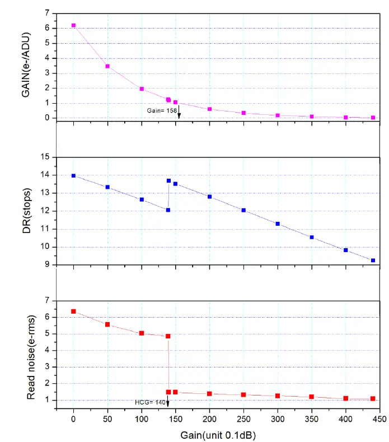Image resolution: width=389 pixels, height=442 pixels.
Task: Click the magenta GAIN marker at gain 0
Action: pyautogui.click(x=73, y=26)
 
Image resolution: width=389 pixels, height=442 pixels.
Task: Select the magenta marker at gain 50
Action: pyautogui.click(x=107, y=66)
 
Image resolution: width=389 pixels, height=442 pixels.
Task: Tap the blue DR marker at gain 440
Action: pyautogui.click(x=373, y=260)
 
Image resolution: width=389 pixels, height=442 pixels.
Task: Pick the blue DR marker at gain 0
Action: pyautogui.click(x=73, y=176)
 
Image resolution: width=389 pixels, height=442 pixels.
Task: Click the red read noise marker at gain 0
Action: pyautogui.click(x=73, y=311)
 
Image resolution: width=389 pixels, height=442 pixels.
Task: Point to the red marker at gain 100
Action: pyautogui.click(x=142, y=333)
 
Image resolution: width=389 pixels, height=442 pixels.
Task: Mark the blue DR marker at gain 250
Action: pyautogui.click(x=243, y=210)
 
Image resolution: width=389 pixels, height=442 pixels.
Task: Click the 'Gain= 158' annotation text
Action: pyautogui.click(x=162, y=111)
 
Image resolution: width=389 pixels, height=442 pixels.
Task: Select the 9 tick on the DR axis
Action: pyautogui.click(x=49, y=264)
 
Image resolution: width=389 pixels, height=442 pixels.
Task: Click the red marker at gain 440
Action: pyautogui.click(x=373, y=399)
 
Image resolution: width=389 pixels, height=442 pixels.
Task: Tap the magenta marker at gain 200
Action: pyautogui.click(x=209, y=109)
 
